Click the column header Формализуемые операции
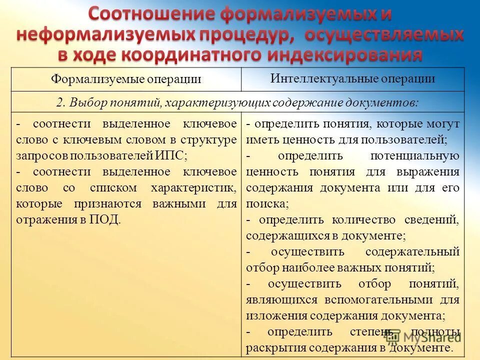[126, 79]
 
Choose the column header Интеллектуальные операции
[353, 78]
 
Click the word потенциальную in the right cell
[414, 155]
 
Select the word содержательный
[412, 251]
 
